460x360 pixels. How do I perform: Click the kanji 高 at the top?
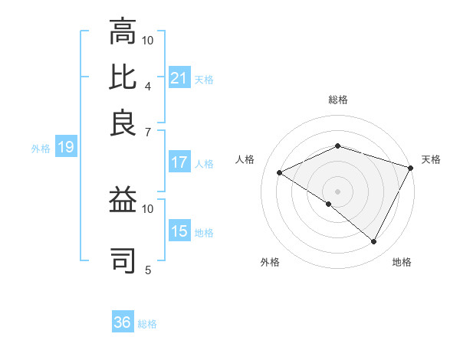tap(123, 32)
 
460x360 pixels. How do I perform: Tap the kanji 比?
tap(123, 77)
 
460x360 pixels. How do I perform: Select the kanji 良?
tap(123, 123)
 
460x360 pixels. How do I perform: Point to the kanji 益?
tap(123, 201)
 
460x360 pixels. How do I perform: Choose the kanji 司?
tap(123, 258)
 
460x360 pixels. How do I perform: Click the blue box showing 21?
tap(179, 77)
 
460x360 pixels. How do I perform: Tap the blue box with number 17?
tap(179, 162)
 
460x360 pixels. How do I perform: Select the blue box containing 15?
tap(179, 231)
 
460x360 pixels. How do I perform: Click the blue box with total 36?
tap(123, 322)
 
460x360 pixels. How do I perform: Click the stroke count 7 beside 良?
tap(147, 132)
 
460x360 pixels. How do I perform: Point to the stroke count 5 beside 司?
tap(147, 270)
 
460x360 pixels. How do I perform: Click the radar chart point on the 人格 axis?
tap(280, 172)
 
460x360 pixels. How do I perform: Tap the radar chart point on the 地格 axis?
tap(374, 241)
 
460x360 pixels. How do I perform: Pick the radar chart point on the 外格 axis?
tap(329, 204)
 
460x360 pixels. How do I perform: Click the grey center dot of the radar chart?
tap(338, 191)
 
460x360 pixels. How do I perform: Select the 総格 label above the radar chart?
tap(338, 100)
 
